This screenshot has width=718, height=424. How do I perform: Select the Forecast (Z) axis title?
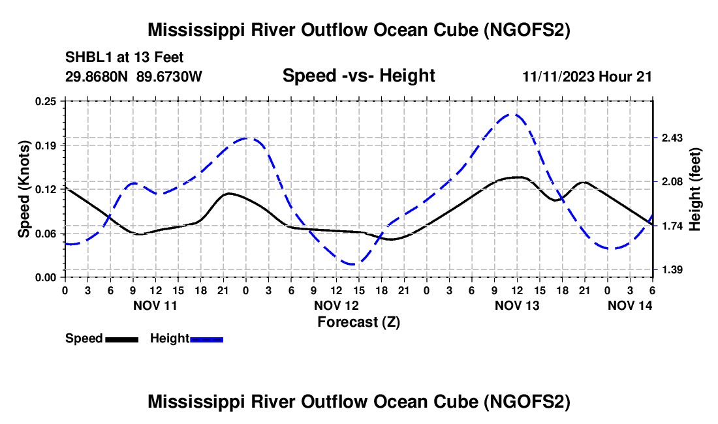[x=358, y=322]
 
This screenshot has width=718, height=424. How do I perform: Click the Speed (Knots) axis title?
[x=23, y=189]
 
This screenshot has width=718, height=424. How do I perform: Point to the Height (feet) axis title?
[x=695, y=189]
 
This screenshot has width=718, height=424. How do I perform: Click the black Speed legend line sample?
[x=121, y=339]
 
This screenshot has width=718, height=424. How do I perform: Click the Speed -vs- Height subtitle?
[x=358, y=76]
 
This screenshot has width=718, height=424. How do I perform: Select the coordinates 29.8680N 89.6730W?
[x=134, y=76]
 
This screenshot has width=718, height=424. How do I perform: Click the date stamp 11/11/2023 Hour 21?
[x=587, y=76]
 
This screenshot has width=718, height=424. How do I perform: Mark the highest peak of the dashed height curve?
[x=514, y=114]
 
